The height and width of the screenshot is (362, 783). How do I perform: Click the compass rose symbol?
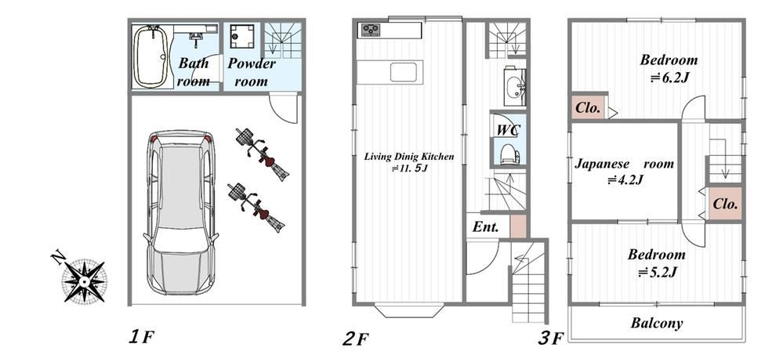(84, 281)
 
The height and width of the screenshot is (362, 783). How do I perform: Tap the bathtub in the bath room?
(150, 56)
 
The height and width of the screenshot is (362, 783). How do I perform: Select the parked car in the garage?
(181, 212)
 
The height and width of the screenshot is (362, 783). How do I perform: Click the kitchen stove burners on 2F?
(370, 31)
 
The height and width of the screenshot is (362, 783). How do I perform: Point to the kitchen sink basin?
(404, 72)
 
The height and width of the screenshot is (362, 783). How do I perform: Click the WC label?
(509, 130)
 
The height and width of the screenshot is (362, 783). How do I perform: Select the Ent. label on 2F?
(486, 228)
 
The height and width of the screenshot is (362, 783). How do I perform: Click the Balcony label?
(657, 323)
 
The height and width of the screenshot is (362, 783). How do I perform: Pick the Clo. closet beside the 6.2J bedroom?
(588, 107)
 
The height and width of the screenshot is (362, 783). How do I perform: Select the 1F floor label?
(140, 338)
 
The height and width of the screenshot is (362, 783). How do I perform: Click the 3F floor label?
(551, 338)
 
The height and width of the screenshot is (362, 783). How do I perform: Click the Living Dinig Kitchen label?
(409, 157)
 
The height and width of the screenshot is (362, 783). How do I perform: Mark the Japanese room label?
(624, 164)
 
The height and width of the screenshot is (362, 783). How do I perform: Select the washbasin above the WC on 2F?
(514, 87)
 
